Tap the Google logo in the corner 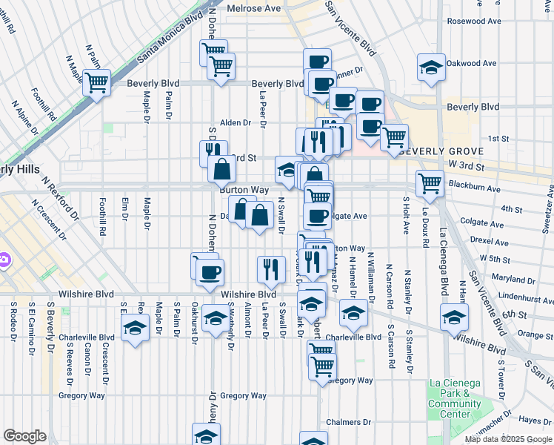tap(24, 436)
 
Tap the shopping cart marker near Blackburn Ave tap(430, 182)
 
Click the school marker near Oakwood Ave tap(431, 67)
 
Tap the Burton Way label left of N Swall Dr tap(244, 190)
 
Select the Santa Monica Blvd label tap(170, 36)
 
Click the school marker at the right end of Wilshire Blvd tap(454, 316)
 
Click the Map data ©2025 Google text tap(507, 439)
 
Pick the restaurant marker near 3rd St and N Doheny tap(213, 152)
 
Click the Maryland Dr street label tap(507, 279)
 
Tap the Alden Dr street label tap(236, 122)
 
